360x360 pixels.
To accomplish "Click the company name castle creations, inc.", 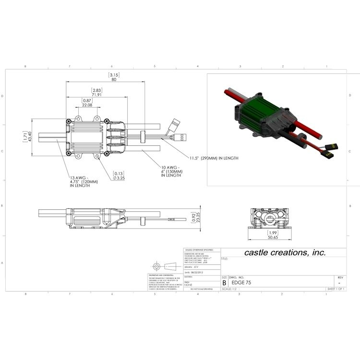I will point(285,252).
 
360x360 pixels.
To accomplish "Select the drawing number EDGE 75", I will point(241,283).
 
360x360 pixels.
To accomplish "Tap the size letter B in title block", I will point(224,283).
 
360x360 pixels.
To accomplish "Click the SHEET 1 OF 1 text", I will point(336,289).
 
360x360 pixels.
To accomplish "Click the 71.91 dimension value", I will point(97,95).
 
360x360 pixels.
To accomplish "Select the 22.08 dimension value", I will point(87,105).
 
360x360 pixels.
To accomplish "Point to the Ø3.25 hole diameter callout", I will point(119,178).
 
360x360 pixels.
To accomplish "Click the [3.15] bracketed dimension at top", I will point(114,75).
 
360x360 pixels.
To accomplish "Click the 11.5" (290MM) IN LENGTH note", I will point(213,158).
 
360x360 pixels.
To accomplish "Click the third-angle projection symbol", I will point(162,266).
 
